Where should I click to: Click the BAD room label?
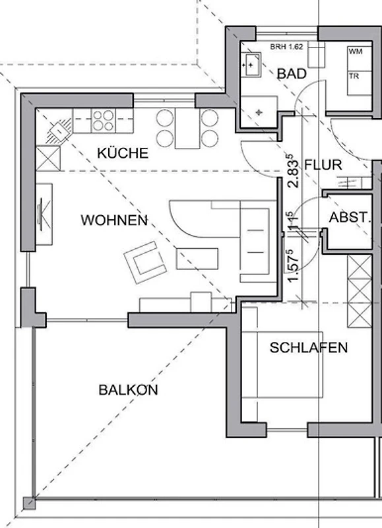[292, 74]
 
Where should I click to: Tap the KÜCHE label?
[123, 153]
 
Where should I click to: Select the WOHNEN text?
[114, 220]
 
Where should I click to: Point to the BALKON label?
[128, 390]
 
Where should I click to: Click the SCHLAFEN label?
[309, 348]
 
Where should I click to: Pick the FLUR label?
[323, 165]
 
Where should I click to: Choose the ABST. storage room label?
[350, 218]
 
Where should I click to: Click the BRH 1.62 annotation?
[286, 47]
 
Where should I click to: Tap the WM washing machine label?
[356, 51]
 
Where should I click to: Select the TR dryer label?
[354, 77]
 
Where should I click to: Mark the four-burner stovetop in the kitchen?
[104, 121]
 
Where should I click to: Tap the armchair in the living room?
[145, 262]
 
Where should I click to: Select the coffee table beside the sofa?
[197, 259]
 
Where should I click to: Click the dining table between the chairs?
[187, 128]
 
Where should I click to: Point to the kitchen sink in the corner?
[59, 130]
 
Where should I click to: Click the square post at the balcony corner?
[29, 503]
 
